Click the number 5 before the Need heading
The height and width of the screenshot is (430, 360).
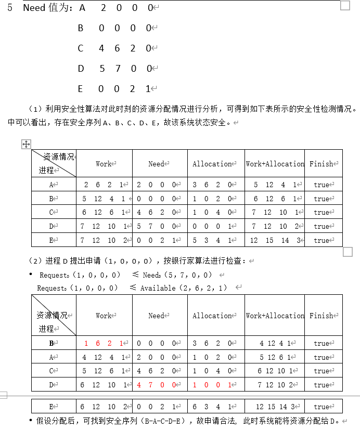pyautogui.click(x=10, y=8)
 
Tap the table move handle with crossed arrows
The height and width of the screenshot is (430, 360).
pyautogui.click(x=26, y=144)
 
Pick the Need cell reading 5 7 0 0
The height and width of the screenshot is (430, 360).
pyautogui.click(x=159, y=226)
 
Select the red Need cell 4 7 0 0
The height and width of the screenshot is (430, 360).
pyautogui.click(x=159, y=385)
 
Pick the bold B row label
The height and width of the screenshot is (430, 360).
pyautogui.click(x=52, y=343)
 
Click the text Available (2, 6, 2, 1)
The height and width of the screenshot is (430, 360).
pyautogui.click(x=184, y=288)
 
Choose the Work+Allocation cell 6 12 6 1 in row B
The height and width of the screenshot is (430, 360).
pyautogui.click(x=275, y=199)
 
